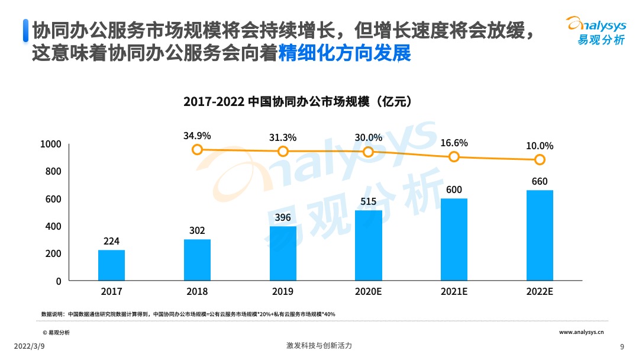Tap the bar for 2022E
540,235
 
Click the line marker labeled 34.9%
198,150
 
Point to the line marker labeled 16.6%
454,157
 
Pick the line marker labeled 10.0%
540,160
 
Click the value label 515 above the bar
369,202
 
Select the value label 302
197,231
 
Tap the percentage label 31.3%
283,137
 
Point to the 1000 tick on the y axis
51,144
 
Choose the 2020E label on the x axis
369,292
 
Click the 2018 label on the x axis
197,292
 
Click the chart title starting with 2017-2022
298,101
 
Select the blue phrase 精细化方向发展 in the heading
344,53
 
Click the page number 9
622,346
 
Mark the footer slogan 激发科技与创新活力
319,346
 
